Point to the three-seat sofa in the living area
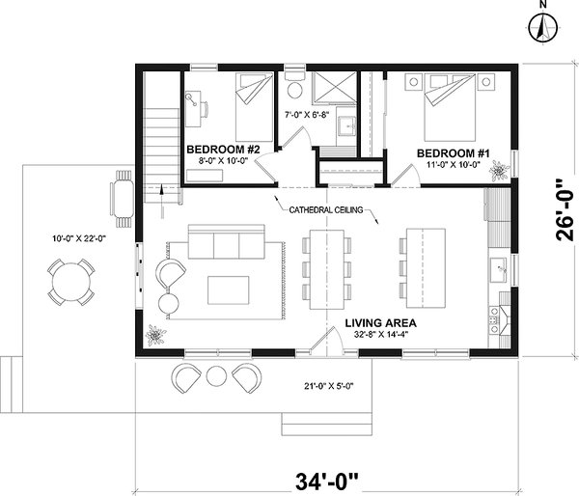(215, 245)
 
